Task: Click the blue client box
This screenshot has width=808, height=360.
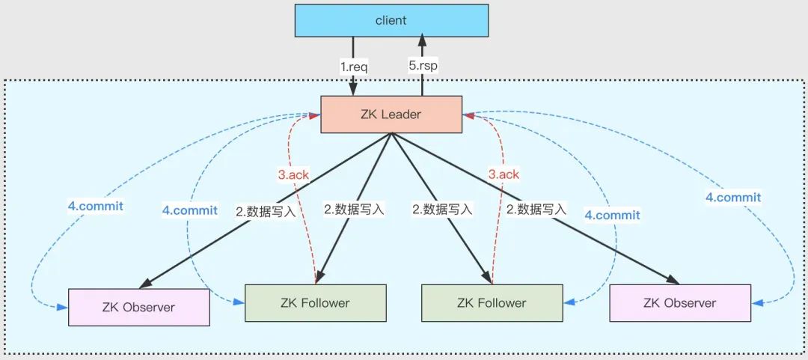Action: point(391,20)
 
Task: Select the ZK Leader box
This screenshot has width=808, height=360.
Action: point(391,115)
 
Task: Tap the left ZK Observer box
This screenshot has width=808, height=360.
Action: point(138,307)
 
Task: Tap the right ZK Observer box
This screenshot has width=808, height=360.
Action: point(679,303)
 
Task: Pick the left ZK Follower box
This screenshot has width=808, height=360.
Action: point(315,303)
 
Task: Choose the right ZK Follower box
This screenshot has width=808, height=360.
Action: point(492,303)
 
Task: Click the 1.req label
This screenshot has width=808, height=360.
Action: point(354,66)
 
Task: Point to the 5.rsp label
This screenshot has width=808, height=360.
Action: point(423,66)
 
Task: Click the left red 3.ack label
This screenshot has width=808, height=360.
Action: point(293,174)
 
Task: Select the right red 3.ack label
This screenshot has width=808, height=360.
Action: point(504,174)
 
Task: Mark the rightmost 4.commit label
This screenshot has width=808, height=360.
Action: point(733,198)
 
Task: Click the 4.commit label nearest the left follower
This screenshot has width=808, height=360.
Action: point(190,210)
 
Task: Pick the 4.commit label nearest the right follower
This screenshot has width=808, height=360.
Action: point(612,215)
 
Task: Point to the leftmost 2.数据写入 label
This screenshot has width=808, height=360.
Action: point(266,210)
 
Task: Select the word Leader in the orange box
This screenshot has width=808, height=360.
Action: point(405,115)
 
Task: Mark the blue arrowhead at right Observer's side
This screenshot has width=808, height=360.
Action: point(757,303)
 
